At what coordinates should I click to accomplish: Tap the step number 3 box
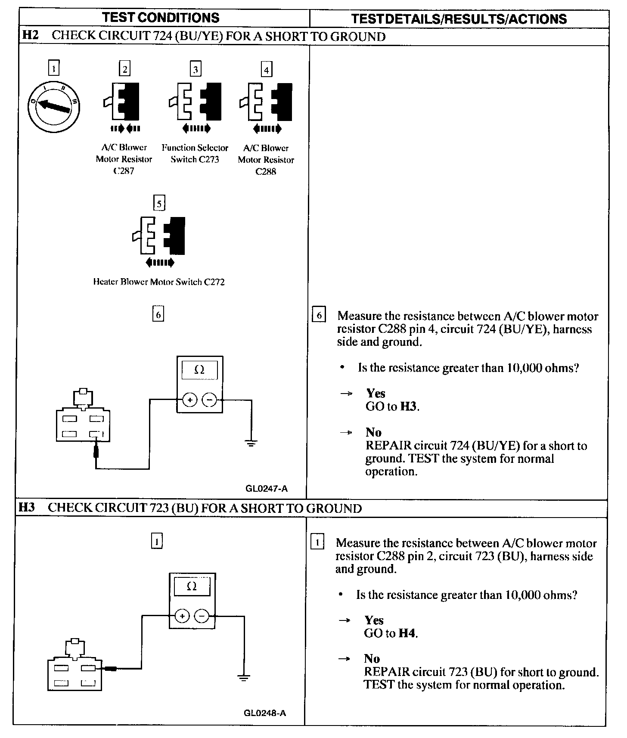[x=196, y=69]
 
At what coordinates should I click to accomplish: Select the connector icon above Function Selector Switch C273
[x=195, y=102]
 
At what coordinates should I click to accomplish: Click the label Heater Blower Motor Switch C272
[x=158, y=282]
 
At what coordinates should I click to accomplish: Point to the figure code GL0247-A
[x=267, y=488]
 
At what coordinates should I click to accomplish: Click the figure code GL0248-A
[x=265, y=713]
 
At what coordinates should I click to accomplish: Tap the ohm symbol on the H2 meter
[x=199, y=369]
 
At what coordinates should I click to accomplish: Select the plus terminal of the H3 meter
[x=182, y=616]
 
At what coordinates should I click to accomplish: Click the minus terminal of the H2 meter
[x=209, y=400]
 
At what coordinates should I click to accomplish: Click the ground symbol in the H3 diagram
[x=244, y=677]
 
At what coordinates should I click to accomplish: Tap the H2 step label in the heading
[x=30, y=35]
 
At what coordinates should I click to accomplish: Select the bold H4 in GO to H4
[x=407, y=633]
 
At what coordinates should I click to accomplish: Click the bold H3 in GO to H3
[x=409, y=406]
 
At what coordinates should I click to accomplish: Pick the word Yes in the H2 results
[x=376, y=393]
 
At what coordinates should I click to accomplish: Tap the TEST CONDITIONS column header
[x=161, y=18]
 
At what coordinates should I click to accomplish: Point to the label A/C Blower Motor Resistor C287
[x=124, y=159]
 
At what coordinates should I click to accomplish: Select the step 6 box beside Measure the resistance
[x=319, y=315]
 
